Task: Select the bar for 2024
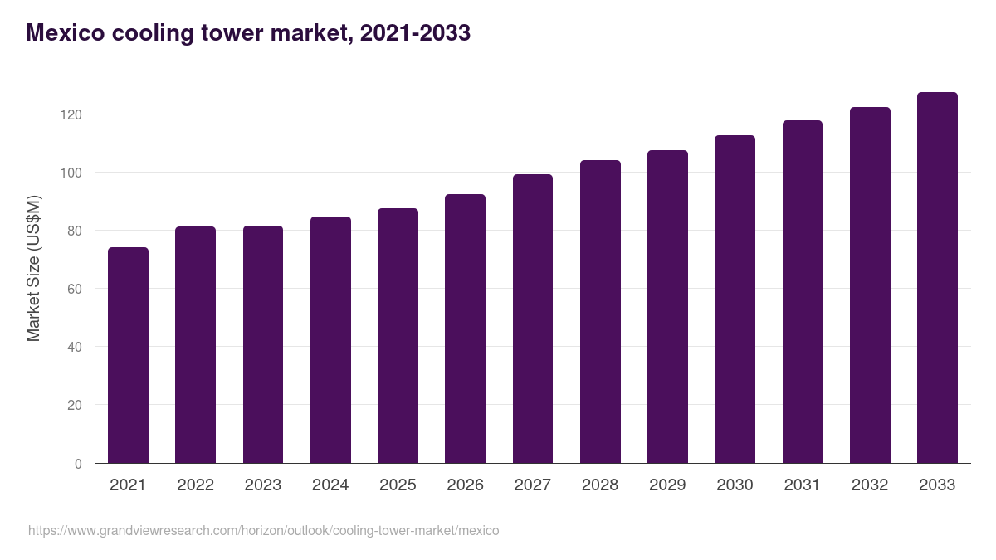coord(330,340)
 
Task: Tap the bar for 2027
coord(532,319)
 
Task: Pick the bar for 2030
coord(735,299)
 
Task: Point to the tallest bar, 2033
coord(937,278)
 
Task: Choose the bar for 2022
coord(195,345)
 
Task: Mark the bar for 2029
coord(667,307)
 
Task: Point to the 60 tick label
coord(75,289)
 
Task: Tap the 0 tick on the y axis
coord(78,464)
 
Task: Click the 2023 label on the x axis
coord(262,485)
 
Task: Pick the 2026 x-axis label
coord(465,485)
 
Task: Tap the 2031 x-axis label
coord(802,485)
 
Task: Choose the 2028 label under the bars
coord(599,485)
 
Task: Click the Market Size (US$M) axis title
coord(33,268)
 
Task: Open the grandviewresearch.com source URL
coord(263,530)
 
